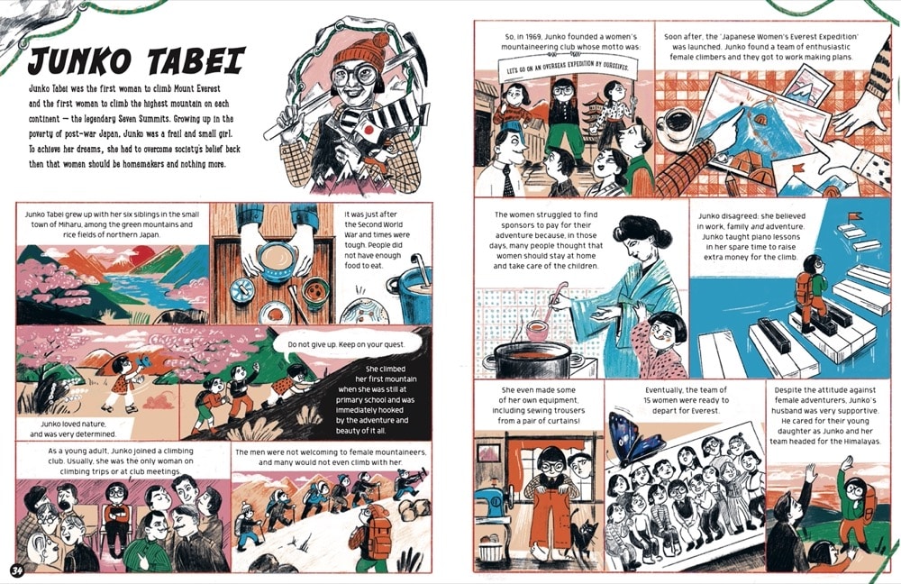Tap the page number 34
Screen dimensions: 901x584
point(16,570)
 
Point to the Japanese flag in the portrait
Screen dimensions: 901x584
point(369,131)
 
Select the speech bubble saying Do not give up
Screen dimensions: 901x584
point(347,344)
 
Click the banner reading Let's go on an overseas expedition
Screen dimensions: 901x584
point(568,68)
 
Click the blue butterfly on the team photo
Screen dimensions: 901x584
point(633,438)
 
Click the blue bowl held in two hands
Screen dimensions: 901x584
point(276,261)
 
